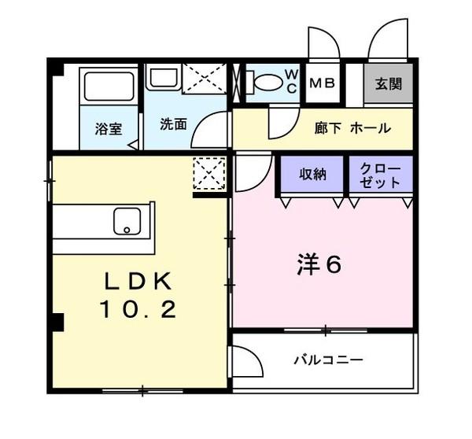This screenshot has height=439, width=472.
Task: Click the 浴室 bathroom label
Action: pos(108,128)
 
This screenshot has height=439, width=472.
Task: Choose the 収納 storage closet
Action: pos(312,175)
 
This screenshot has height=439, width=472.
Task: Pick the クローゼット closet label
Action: pos(381,175)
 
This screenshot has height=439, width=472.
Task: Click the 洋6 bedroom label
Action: pos(319,265)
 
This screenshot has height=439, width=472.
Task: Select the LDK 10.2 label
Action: pos(138,295)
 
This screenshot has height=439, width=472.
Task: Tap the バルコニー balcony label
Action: pos(328,360)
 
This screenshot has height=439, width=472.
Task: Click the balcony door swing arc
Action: pos(249,363)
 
